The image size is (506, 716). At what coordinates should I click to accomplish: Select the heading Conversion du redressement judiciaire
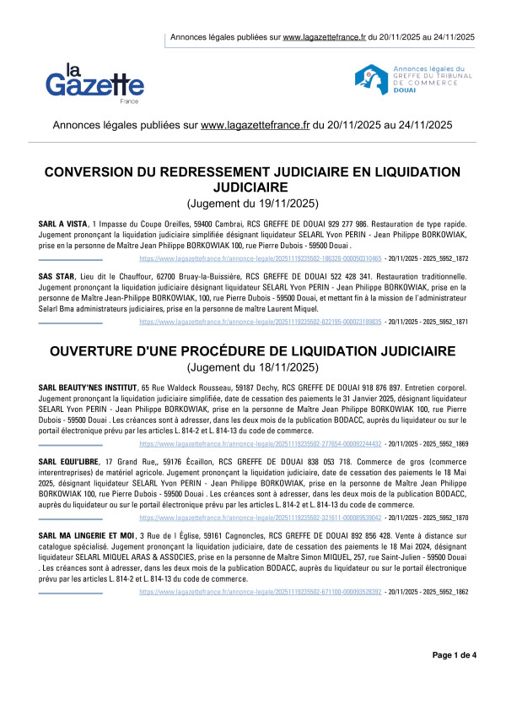click(252, 179)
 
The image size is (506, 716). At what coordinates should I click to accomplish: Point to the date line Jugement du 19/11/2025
click(252, 203)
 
